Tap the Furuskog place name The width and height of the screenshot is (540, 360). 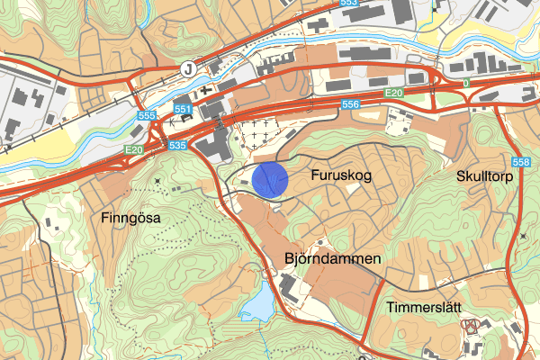tap(341, 176)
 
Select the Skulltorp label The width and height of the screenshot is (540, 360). tap(484, 176)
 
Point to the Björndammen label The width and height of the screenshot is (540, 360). tap(333, 259)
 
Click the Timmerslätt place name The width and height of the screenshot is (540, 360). tap(424, 308)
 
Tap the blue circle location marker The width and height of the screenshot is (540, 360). tap(270, 179)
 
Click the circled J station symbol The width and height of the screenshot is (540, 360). tap(187, 67)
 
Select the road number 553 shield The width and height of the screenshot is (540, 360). tap(349, 4)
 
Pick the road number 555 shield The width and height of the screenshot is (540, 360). tap(149, 116)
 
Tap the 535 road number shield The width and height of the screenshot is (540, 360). tap(176, 144)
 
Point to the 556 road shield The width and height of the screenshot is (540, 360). tap(351, 105)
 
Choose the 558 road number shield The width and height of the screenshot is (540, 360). tap(520, 162)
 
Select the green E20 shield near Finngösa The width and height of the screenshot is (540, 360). tap(134, 149)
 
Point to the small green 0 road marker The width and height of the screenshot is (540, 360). tap(466, 83)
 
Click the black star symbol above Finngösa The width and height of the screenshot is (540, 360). tap(159, 183)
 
